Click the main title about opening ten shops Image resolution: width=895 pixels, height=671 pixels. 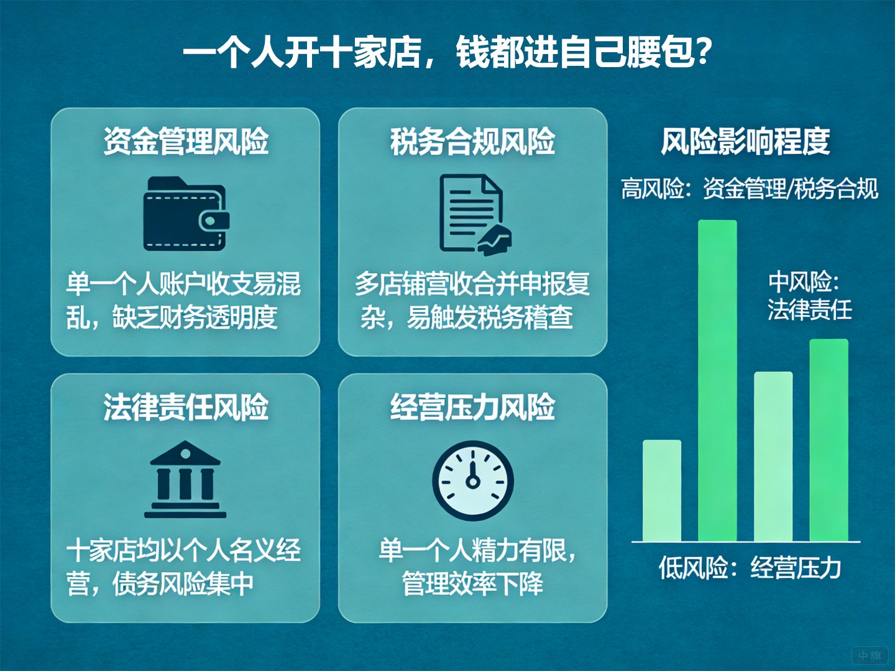(447, 52)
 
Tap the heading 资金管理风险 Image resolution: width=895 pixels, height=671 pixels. (186, 142)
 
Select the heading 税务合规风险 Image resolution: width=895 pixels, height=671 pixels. (472, 142)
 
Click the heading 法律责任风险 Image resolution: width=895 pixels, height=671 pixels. (186, 408)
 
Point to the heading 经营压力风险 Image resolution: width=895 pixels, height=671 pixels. (472, 408)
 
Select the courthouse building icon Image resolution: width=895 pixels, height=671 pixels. (185, 480)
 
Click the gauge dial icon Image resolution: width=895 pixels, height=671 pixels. (473, 480)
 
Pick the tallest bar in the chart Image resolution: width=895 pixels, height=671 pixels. (717, 380)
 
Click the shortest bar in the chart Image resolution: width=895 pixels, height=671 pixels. (662, 490)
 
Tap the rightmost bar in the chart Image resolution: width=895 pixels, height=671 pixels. (828, 440)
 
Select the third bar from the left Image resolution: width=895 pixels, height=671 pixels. (773, 456)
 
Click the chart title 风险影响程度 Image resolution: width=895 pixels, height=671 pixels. (745, 142)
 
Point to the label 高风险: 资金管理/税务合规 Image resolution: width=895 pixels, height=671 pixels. (750, 189)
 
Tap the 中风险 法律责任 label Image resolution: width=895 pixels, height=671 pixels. (809, 296)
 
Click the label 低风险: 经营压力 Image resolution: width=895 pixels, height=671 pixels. (750, 567)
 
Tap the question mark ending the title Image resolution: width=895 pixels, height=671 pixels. (703, 52)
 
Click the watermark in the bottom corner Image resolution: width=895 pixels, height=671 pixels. (870, 655)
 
